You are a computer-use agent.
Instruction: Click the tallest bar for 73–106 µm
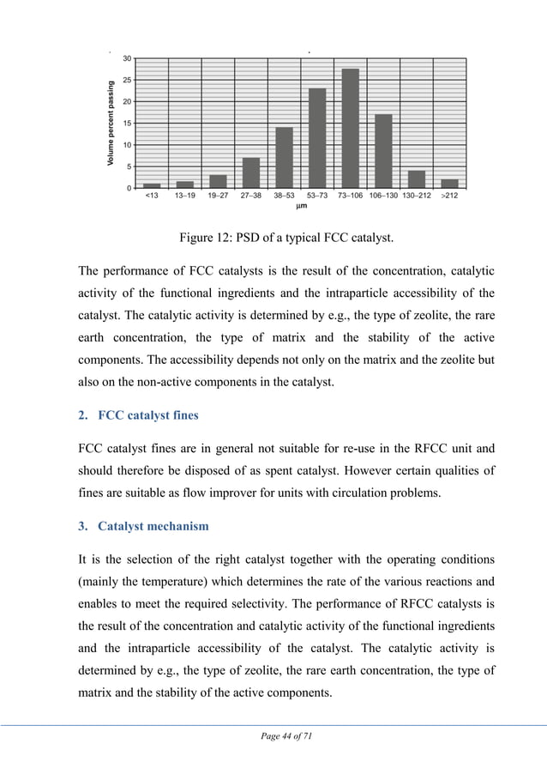pyautogui.click(x=350, y=129)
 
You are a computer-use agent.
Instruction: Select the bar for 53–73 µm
pyautogui.click(x=317, y=138)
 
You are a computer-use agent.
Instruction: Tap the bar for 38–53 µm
pyautogui.click(x=284, y=158)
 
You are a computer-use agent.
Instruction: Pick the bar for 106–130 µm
pyautogui.click(x=383, y=151)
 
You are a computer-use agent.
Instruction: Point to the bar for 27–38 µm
pyautogui.click(x=251, y=172)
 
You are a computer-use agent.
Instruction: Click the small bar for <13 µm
pyautogui.click(x=152, y=185)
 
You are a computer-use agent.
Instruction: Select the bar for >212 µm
pyautogui.click(x=449, y=184)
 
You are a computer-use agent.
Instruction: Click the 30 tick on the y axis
pyautogui.click(x=127, y=58)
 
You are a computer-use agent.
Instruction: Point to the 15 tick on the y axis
pyautogui.click(x=127, y=124)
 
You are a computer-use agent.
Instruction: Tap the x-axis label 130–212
pyautogui.click(x=417, y=196)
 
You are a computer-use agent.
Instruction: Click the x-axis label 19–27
pyautogui.click(x=218, y=196)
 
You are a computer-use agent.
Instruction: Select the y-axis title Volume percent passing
pyautogui.click(x=111, y=124)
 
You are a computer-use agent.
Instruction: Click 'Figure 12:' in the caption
pyautogui.click(x=206, y=238)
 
